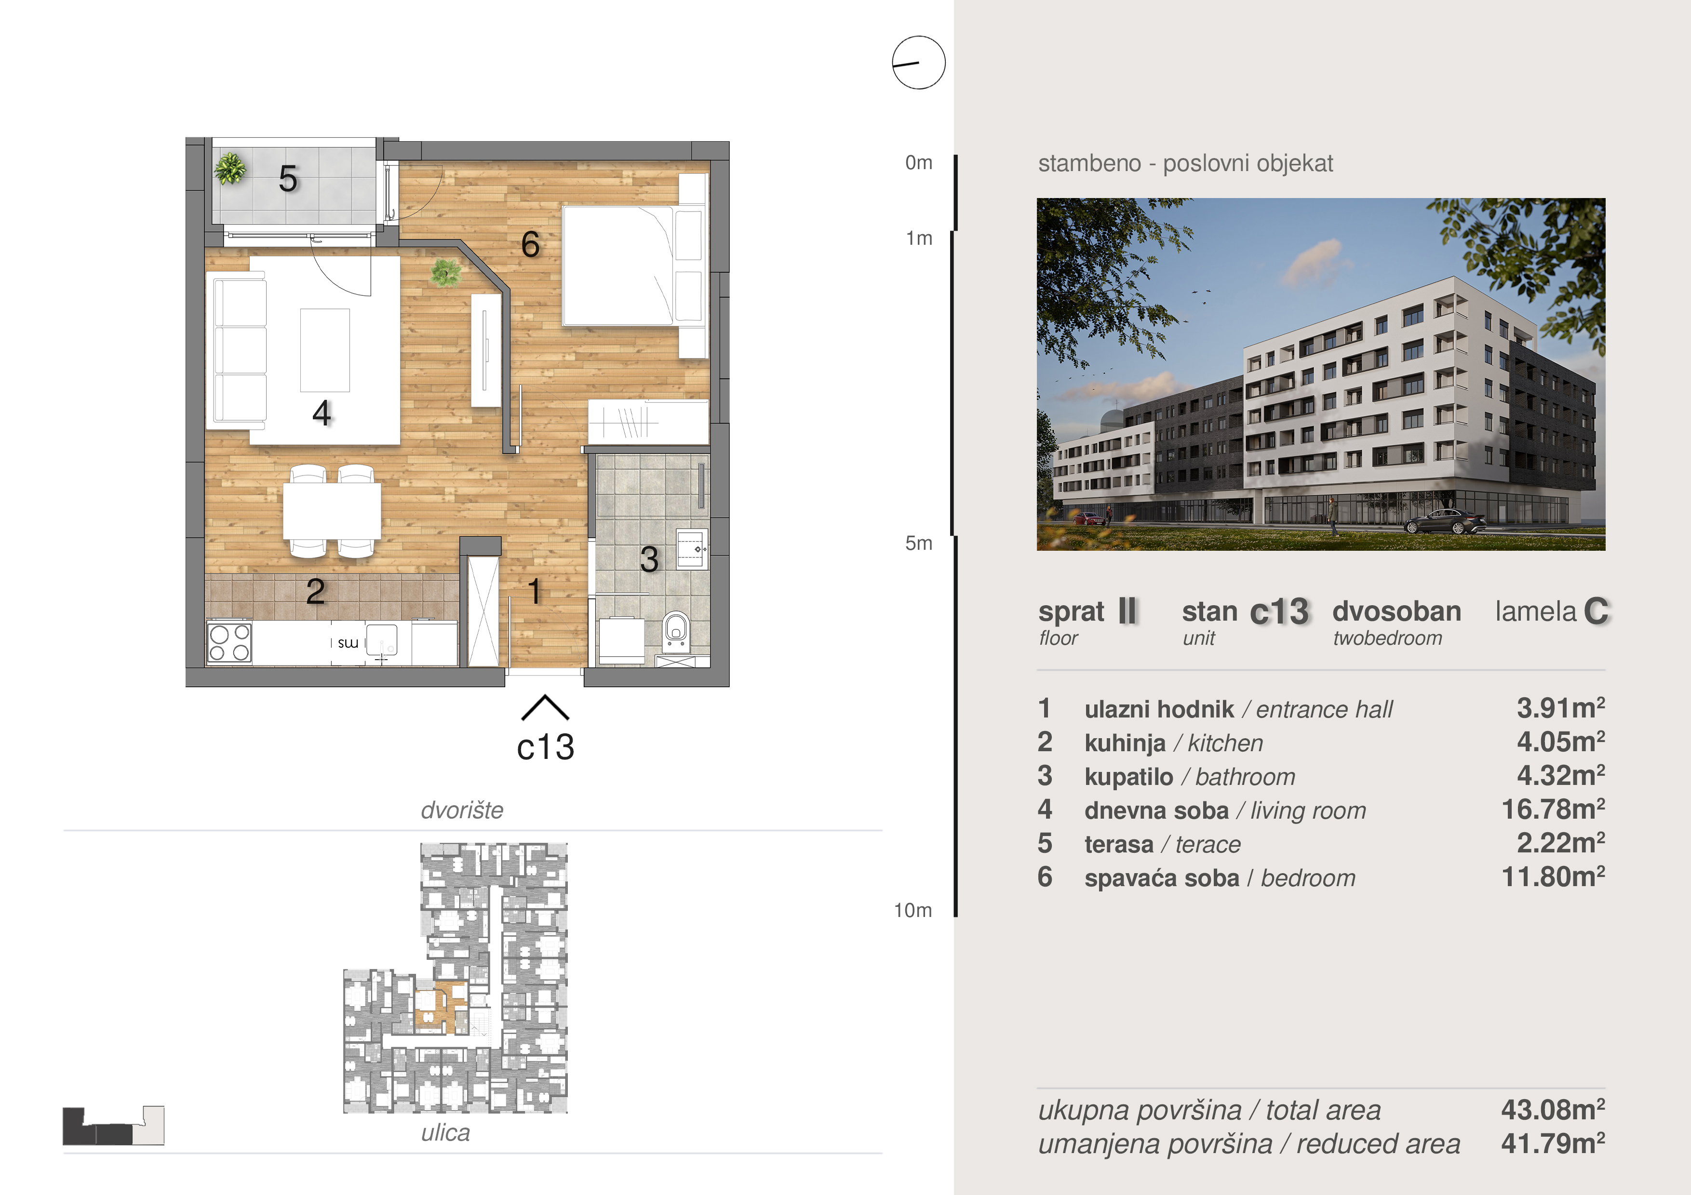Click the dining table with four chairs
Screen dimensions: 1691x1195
(x=332, y=510)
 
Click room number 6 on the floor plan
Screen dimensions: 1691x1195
(x=530, y=244)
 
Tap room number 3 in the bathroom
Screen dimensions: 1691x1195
(x=649, y=559)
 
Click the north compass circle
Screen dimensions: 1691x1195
(x=918, y=63)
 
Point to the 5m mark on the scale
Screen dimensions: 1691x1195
(x=918, y=544)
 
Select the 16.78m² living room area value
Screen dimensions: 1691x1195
(x=1553, y=810)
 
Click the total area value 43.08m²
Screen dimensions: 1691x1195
(x=1553, y=1110)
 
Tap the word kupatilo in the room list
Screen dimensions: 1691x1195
(x=1128, y=777)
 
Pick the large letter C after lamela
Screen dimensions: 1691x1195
(x=1596, y=611)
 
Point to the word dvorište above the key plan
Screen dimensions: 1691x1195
(x=462, y=810)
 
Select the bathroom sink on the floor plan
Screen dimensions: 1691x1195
(x=692, y=548)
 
